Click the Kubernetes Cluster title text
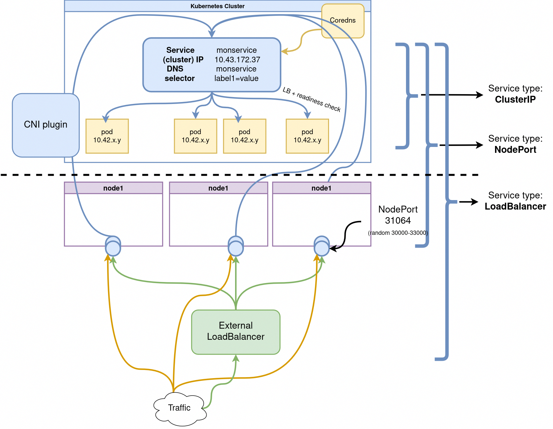pyautogui.click(x=217, y=6)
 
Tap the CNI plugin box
pyautogui.click(x=46, y=125)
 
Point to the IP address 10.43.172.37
pyautogui.click(x=237, y=60)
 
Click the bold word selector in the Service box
pyautogui.click(x=179, y=78)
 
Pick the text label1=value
pyautogui.click(x=236, y=78)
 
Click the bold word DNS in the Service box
pyautogui.click(x=175, y=69)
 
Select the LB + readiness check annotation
pyautogui.click(x=312, y=99)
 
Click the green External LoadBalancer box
pyautogui.click(x=236, y=331)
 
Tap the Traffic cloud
pyautogui.click(x=179, y=408)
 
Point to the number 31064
pyautogui.click(x=398, y=220)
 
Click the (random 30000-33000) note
pyautogui.click(x=398, y=233)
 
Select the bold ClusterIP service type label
pyautogui.click(x=515, y=99)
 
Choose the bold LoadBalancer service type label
pyautogui.click(x=515, y=206)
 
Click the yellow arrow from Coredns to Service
pyautogui.click(x=301, y=41)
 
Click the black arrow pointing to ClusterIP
pyautogui.click(x=452, y=95)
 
